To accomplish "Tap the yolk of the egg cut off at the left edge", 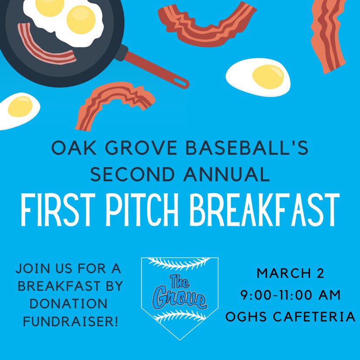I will (19, 106).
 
